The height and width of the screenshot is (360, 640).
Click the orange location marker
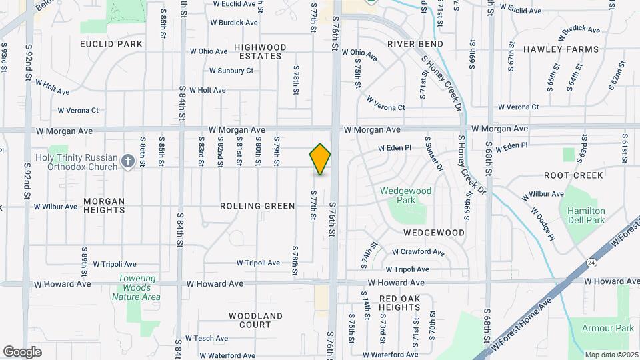(321, 159)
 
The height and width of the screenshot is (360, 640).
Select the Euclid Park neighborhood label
(111, 44)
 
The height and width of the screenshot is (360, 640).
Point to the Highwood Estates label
(260, 51)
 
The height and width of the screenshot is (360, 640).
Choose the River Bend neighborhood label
(415, 44)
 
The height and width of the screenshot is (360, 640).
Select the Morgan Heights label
(104, 205)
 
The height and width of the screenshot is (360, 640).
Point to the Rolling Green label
(257, 206)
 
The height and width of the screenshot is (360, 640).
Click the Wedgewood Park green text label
(406, 195)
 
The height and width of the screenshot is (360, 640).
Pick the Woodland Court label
(255, 320)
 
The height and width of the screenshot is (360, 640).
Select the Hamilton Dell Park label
(586, 215)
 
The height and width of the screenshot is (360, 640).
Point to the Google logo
(22, 351)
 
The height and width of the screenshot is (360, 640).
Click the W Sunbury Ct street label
(231, 71)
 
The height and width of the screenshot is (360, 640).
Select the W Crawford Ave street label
(418, 253)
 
